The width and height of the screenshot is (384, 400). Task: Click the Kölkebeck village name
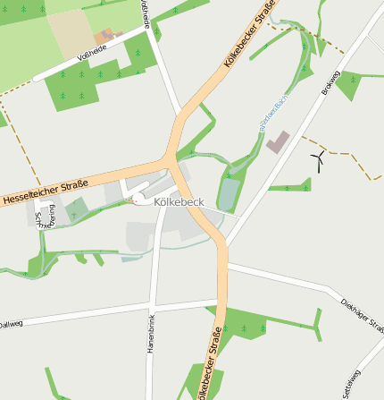point(179,203)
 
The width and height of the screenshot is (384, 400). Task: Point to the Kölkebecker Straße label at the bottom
point(208,367)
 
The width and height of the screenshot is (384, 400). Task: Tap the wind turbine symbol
point(317,159)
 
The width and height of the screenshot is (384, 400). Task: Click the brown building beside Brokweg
point(279,141)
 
